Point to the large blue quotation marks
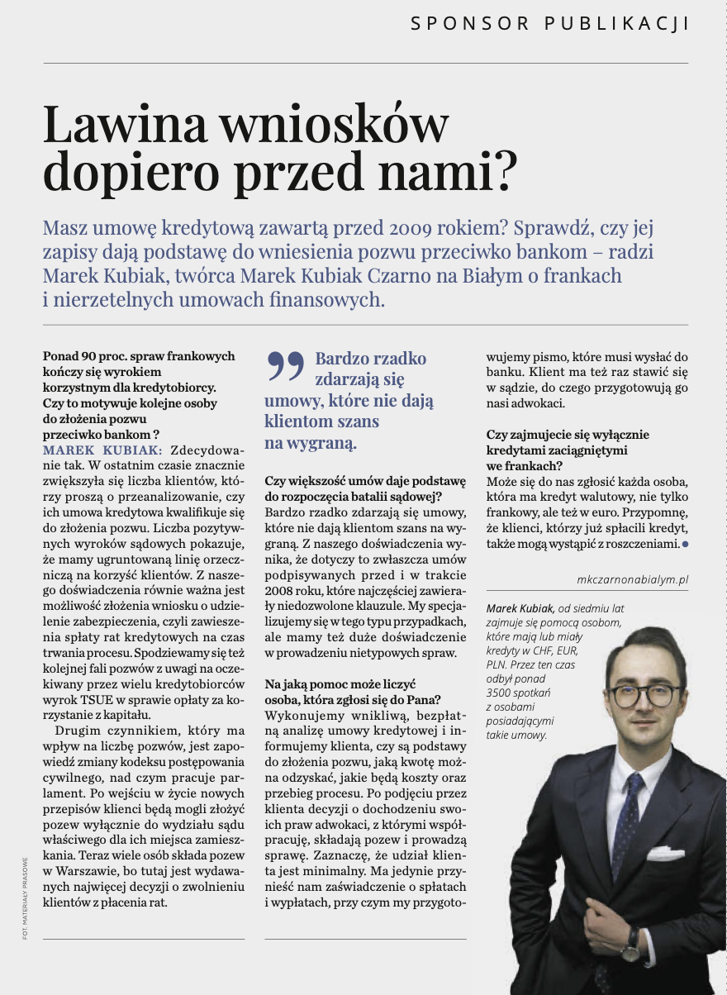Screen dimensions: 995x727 coord(285,365)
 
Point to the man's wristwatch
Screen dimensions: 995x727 coord(631,942)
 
